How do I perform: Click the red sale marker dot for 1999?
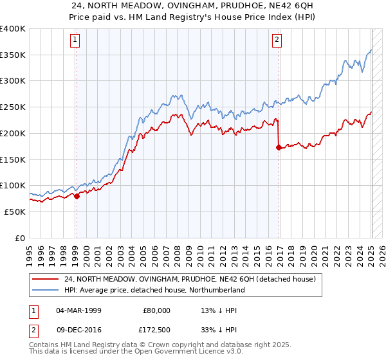[x=77, y=196]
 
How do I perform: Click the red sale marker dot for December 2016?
[x=279, y=147]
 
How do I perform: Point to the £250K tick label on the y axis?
[x=13, y=107]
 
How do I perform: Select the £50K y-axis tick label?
[x=15, y=212]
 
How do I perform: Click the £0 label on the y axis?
[x=21, y=238]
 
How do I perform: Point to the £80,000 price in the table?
[x=157, y=310]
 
